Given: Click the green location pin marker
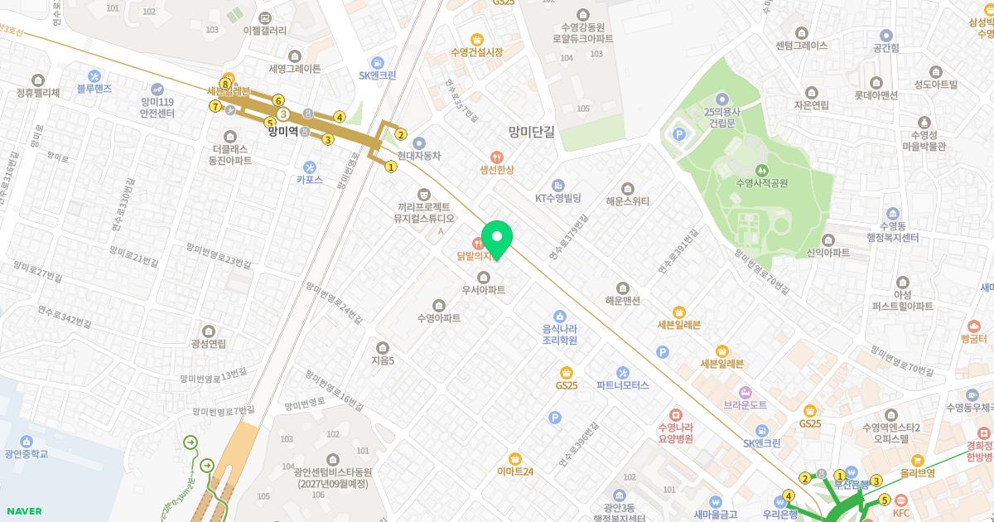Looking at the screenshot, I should point(497,239).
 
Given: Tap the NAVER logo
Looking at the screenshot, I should point(22,511).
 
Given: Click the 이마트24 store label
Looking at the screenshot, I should point(515,471).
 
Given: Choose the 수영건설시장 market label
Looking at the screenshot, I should point(476,51).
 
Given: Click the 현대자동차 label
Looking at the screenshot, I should point(418,155).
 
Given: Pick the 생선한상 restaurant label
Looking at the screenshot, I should point(496,169).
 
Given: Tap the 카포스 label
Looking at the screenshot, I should point(310,178).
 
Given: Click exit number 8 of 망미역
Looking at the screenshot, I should point(224,84).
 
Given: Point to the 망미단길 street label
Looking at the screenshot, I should point(532,131).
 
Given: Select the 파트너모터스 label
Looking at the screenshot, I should point(622,384).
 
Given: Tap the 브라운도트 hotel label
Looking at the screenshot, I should point(745,405).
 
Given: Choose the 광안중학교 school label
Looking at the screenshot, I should point(26,453).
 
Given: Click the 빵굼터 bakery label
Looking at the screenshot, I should point(973,339).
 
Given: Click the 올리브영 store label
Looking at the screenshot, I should point(917,472).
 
